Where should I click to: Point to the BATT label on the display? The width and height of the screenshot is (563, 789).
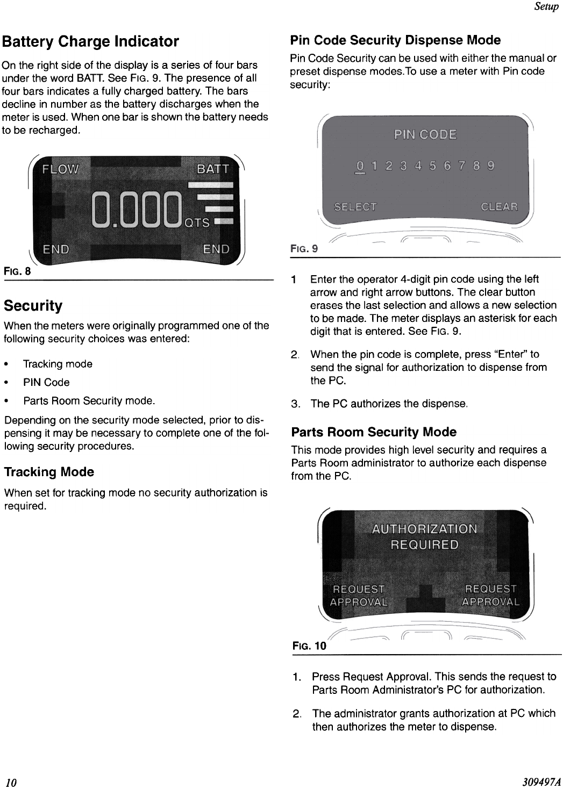(213, 170)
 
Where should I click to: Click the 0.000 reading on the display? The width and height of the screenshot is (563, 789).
(137, 210)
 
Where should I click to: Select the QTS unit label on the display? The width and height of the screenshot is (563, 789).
(197, 223)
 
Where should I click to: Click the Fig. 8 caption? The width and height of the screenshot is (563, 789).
(17, 271)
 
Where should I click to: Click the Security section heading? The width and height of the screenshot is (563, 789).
(33, 306)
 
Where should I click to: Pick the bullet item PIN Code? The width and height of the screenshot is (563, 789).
(46, 382)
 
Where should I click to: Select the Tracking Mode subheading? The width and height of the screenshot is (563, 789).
(49, 472)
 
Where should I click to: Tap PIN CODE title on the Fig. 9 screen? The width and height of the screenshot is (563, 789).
(425, 134)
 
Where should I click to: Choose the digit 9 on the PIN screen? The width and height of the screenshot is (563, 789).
(490, 166)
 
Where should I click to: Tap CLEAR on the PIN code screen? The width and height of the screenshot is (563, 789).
(499, 207)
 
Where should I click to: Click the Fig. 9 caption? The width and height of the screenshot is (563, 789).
(304, 249)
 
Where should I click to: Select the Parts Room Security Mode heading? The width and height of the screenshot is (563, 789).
(373, 432)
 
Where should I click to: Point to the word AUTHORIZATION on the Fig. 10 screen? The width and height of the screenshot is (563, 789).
(424, 529)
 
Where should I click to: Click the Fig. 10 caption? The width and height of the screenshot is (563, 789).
(309, 645)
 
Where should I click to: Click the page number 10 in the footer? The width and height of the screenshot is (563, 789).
(11, 782)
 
